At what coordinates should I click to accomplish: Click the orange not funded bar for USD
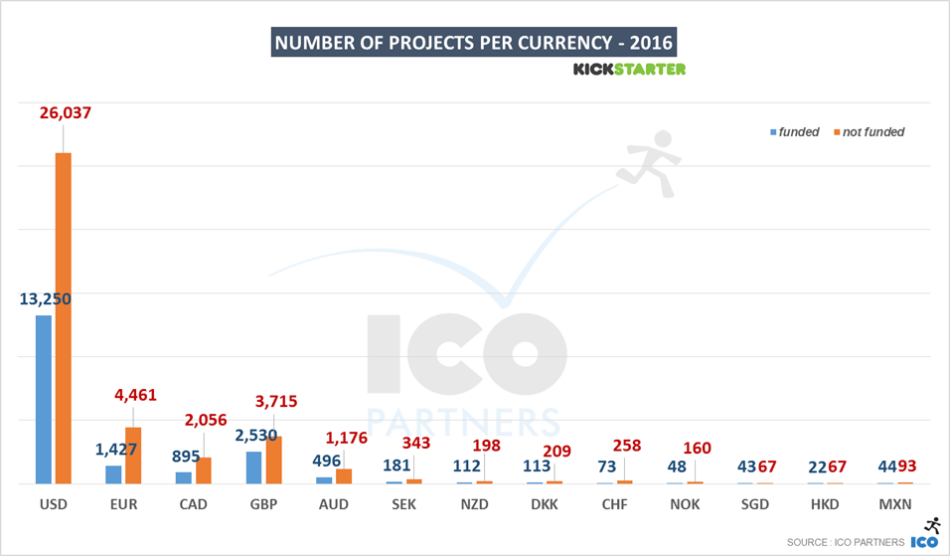coord(64,318)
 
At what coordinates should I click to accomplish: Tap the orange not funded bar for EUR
coord(133,456)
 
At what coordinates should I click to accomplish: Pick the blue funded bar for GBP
coord(254,467)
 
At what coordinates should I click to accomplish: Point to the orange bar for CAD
coord(204,470)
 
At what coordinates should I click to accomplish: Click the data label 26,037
coord(65,113)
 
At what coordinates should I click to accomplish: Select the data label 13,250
coord(44,297)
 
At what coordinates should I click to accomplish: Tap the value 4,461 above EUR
coord(136,396)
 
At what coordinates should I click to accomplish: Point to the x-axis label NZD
coord(474,504)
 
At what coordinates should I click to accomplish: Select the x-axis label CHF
coord(615,504)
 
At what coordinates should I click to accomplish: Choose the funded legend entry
coord(798,132)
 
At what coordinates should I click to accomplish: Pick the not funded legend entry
coord(872,132)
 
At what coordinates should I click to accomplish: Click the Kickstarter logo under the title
coord(629,69)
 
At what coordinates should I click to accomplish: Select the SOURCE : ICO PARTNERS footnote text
coord(845,542)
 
